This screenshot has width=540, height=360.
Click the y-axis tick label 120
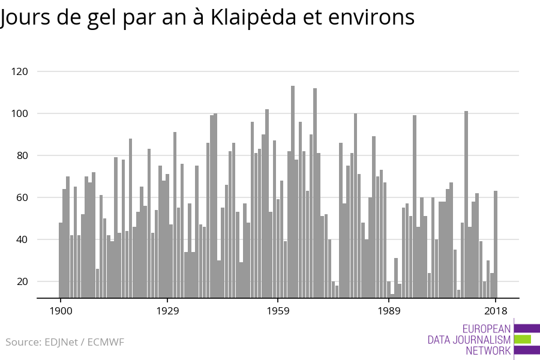(x=20, y=71)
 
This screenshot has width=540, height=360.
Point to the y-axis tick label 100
(x=20, y=113)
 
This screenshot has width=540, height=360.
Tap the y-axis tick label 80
(x=22, y=155)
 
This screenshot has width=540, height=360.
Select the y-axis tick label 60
(x=22, y=197)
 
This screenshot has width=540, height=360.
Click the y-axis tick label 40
(x=22, y=239)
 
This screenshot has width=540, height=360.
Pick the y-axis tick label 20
(x=22, y=281)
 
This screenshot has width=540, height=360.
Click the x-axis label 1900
(x=61, y=311)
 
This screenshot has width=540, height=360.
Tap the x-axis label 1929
(x=168, y=311)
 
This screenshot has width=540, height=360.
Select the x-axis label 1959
(x=278, y=311)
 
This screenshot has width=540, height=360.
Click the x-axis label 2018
(x=496, y=311)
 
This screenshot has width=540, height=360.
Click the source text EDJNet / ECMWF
(x=84, y=342)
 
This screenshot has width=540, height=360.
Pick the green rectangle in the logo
(x=522, y=339)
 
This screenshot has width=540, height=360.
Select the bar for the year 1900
(x=61, y=260)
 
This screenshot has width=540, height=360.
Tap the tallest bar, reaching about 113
(x=293, y=192)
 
